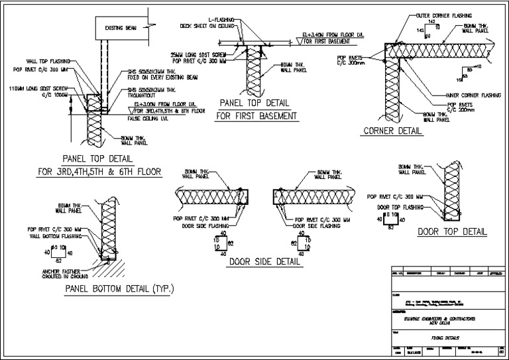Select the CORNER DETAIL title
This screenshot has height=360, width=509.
pyautogui.click(x=392, y=131)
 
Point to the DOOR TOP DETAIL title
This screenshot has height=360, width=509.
pyautogui.click(x=452, y=232)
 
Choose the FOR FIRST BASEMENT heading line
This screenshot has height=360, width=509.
pyautogui.click(x=256, y=117)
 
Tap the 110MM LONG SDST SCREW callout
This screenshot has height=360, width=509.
pyautogui.click(x=38, y=88)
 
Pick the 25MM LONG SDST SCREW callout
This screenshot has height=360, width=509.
pyautogui.click(x=198, y=54)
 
